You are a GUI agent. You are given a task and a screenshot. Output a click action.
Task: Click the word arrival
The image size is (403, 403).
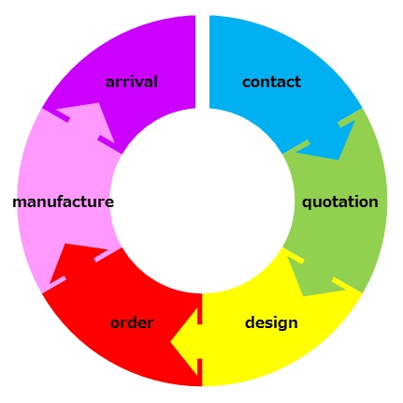132,82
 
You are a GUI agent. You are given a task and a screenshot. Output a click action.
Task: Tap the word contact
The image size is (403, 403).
271,82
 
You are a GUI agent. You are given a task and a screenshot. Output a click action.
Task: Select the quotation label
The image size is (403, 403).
340,202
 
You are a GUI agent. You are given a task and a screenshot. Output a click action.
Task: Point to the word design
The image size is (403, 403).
271,322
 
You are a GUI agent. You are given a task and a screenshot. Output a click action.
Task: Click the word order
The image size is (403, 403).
132,322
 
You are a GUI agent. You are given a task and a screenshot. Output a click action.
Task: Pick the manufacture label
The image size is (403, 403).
63,202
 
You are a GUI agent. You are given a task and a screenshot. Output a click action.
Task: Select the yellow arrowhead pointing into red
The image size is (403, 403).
185,342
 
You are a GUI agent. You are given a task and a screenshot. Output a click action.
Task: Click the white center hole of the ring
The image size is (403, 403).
202,201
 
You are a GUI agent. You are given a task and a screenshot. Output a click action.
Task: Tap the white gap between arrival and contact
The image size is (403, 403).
202,62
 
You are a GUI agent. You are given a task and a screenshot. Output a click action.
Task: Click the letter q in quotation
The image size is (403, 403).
307,203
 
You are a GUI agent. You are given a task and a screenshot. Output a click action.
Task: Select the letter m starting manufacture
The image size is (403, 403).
20,202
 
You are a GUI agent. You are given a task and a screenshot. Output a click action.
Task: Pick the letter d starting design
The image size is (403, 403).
250,322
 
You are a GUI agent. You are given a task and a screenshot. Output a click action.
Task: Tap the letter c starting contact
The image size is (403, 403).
246,82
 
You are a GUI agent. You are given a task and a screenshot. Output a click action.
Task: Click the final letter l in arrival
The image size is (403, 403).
156,82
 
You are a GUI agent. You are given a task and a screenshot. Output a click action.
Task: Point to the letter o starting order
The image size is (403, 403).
115,324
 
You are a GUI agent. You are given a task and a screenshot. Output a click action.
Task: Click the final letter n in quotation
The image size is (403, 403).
374,202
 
